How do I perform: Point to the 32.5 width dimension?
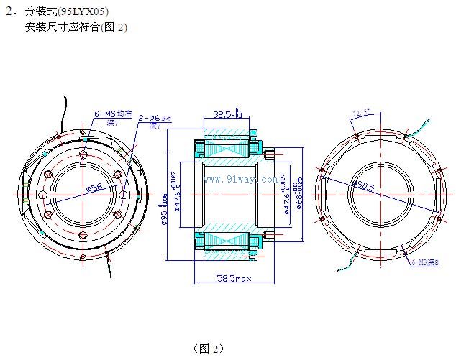(227, 114)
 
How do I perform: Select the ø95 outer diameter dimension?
(165, 209)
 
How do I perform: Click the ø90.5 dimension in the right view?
(362, 185)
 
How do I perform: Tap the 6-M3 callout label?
(425, 263)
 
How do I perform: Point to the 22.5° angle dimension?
(361, 112)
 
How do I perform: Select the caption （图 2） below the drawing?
(209, 349)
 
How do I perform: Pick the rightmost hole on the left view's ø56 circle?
(123, 195)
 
